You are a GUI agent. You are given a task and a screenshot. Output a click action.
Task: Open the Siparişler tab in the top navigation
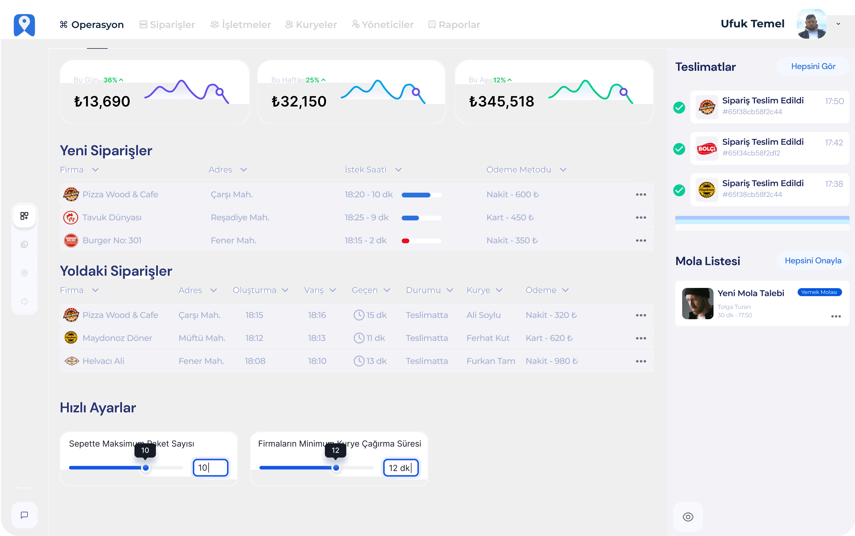pos(167,24)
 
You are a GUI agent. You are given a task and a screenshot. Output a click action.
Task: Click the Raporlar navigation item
pos(455,24)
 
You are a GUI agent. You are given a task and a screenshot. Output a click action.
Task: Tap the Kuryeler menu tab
pos(311,24)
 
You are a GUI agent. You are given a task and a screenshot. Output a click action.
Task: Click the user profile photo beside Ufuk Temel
pos(811,24)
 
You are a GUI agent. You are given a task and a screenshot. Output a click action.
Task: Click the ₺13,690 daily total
pos(102,102)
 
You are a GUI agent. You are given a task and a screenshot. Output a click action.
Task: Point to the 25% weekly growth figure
pos(313,80)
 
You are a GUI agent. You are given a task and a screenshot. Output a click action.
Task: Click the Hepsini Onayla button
pos(813,261)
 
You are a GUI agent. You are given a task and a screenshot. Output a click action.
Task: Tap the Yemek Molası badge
pos(819,292)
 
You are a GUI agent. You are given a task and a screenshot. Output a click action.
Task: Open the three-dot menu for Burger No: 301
pos(641,241)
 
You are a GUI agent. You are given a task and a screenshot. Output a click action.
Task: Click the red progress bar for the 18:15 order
pos(405,241)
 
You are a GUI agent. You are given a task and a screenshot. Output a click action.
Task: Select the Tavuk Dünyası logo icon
pos(71,218)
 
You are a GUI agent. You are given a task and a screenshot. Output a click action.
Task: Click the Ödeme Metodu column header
pos(519,170)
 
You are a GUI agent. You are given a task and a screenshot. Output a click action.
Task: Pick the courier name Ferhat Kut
pos(488,338)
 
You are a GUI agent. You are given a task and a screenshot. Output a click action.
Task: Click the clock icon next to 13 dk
pos(359,361)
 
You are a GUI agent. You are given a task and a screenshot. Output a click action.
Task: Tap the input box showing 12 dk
pos(400,468)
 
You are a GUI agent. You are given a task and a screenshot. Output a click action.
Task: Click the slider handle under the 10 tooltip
pos(146,468)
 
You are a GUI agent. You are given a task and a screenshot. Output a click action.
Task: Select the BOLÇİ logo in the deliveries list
pos(707,148)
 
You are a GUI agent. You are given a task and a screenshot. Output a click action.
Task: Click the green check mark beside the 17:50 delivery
pos(679,107)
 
